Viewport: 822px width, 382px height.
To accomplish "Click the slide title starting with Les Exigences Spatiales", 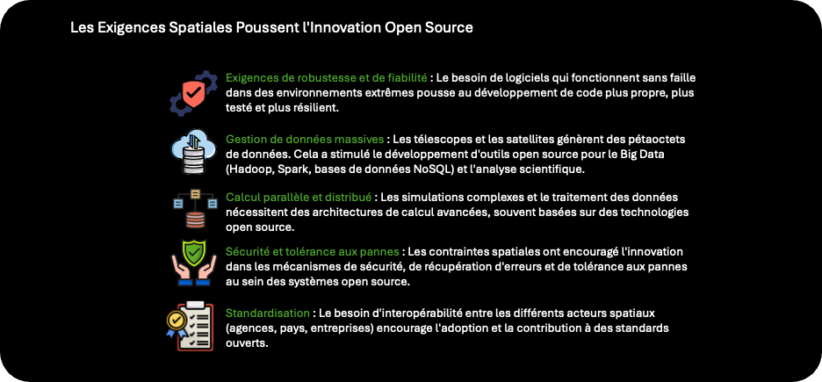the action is (271, 28).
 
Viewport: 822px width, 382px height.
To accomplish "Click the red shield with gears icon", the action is (193, 93).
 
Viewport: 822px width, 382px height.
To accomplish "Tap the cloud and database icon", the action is (193, 152).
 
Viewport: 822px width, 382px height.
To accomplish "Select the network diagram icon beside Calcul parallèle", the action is (194, 208).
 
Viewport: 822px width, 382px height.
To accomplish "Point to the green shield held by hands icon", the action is (193, 263).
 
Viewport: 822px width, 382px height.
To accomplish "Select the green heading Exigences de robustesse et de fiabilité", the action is (326, 78).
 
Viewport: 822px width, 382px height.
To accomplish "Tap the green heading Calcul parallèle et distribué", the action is (299, 198).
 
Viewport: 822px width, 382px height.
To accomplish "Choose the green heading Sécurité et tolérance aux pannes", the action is (313, 252).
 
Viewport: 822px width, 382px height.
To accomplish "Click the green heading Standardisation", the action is (267, 314).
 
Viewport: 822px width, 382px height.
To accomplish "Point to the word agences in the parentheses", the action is (249, 328).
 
